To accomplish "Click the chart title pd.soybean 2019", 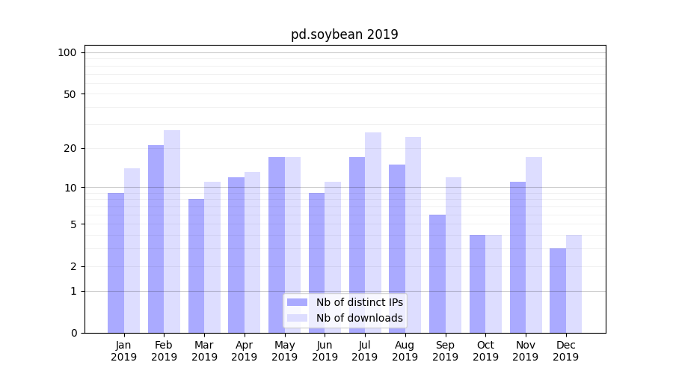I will [x=344, y=34].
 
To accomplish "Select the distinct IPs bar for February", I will [x=156, y=239].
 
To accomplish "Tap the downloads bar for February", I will [x=172, y=231].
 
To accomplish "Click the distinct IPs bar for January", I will [x=116, y=263].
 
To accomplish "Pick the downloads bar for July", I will [x=373, y=233].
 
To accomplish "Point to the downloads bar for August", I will [x=413, y=235].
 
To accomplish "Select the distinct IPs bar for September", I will [x=437, y=274].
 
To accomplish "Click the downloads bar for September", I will [x=453, y=255].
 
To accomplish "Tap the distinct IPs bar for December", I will [x=558, y=290].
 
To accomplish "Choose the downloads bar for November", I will [x=534, y=245].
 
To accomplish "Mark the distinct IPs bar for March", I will [x=196, y=266].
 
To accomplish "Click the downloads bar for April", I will [x=253, y=252].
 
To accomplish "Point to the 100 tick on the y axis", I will [x=67, y=52].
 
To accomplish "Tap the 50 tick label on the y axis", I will [x=70, y=94].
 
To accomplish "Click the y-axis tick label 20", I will [x=70, y=148].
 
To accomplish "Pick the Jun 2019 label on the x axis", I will [x=325, y=351].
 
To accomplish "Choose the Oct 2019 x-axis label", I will [x=485, y=351].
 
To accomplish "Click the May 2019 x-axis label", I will [x=285, y=351].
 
